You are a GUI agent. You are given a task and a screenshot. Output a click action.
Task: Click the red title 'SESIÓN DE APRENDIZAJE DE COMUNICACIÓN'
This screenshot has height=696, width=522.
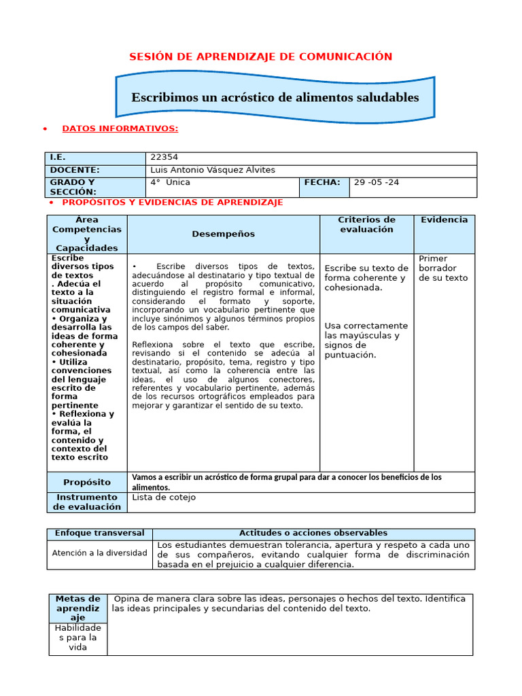(261, 56)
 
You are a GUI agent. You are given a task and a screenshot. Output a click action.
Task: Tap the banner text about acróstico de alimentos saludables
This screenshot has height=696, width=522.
(275, 97)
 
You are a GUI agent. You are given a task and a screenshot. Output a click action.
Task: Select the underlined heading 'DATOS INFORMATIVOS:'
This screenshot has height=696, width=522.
(120, 128)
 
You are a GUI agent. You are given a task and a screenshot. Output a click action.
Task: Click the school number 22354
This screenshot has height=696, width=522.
(164, 158)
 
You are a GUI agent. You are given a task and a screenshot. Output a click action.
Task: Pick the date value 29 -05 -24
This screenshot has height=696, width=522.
(378, 183)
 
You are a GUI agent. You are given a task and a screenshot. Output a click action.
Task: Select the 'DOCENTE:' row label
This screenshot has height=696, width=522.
(75, 170)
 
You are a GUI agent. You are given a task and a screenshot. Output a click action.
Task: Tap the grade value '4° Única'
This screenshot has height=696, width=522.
(171, 183)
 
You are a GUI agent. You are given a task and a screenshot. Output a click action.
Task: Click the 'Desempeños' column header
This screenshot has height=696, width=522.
(223, 234)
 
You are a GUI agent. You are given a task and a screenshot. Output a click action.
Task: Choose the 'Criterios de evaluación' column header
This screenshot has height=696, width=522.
(366, 224)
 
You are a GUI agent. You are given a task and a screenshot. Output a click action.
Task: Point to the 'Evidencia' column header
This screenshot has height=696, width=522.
(444, 220)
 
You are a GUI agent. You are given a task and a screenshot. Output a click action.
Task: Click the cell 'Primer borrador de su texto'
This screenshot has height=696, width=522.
(443, 268)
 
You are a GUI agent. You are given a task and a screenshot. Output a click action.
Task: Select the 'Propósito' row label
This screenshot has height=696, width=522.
(87, 482)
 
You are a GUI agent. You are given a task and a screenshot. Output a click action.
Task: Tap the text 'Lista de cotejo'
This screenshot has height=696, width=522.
(164, 498)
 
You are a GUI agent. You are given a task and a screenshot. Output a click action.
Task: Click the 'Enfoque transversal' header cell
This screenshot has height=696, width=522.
(100, 534)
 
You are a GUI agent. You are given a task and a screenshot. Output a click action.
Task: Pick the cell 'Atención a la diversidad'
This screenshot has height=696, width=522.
(100, 553)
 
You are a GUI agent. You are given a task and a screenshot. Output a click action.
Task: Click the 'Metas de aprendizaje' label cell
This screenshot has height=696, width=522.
(78, 608)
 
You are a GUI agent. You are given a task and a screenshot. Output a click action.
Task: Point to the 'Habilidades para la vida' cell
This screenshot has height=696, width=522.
(78, 638)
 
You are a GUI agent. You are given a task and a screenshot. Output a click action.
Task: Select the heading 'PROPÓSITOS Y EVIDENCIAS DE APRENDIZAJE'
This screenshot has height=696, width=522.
(173, 203)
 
